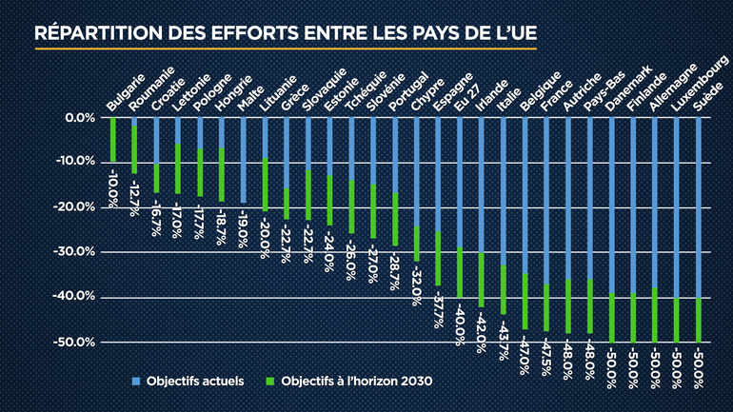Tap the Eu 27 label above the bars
pyautogui.click(x=464, y=100)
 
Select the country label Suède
pyautogui.click(x=705, y=100)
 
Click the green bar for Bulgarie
pyautogui.click(x=113, y=140)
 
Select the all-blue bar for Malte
pyautogui.click(x=243, y=160)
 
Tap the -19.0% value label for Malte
pyautogui.click(x=243, y=222)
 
